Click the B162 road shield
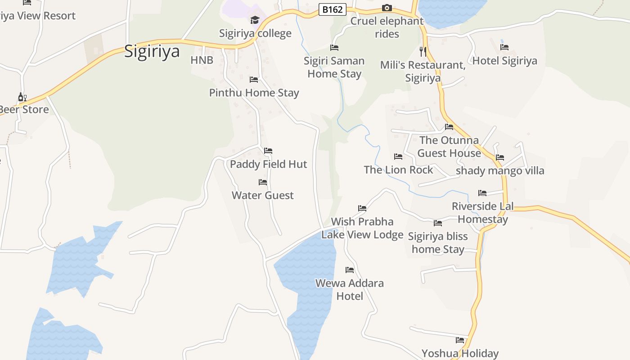[332, 9]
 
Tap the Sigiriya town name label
[152, 51]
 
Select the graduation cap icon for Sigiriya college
[255, 20]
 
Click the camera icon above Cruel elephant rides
[387, 8]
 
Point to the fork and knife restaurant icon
[423, 51]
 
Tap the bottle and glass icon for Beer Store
[22, 97]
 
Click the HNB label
[202, 60]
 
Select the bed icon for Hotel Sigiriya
[504, 47]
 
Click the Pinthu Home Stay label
[254, 93]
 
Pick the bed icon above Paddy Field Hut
[268, 150]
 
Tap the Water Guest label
[262, 195]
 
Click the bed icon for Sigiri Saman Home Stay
[334, 47]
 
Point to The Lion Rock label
[398, 170]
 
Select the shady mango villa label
[499, 171]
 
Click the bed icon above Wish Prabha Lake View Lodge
[362, 208]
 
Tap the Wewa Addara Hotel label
[350, 289]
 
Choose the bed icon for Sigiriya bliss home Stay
[437, 223]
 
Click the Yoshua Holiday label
[459, 353]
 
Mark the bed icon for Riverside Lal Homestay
[482, 193]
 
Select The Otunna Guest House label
[449, 147]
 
